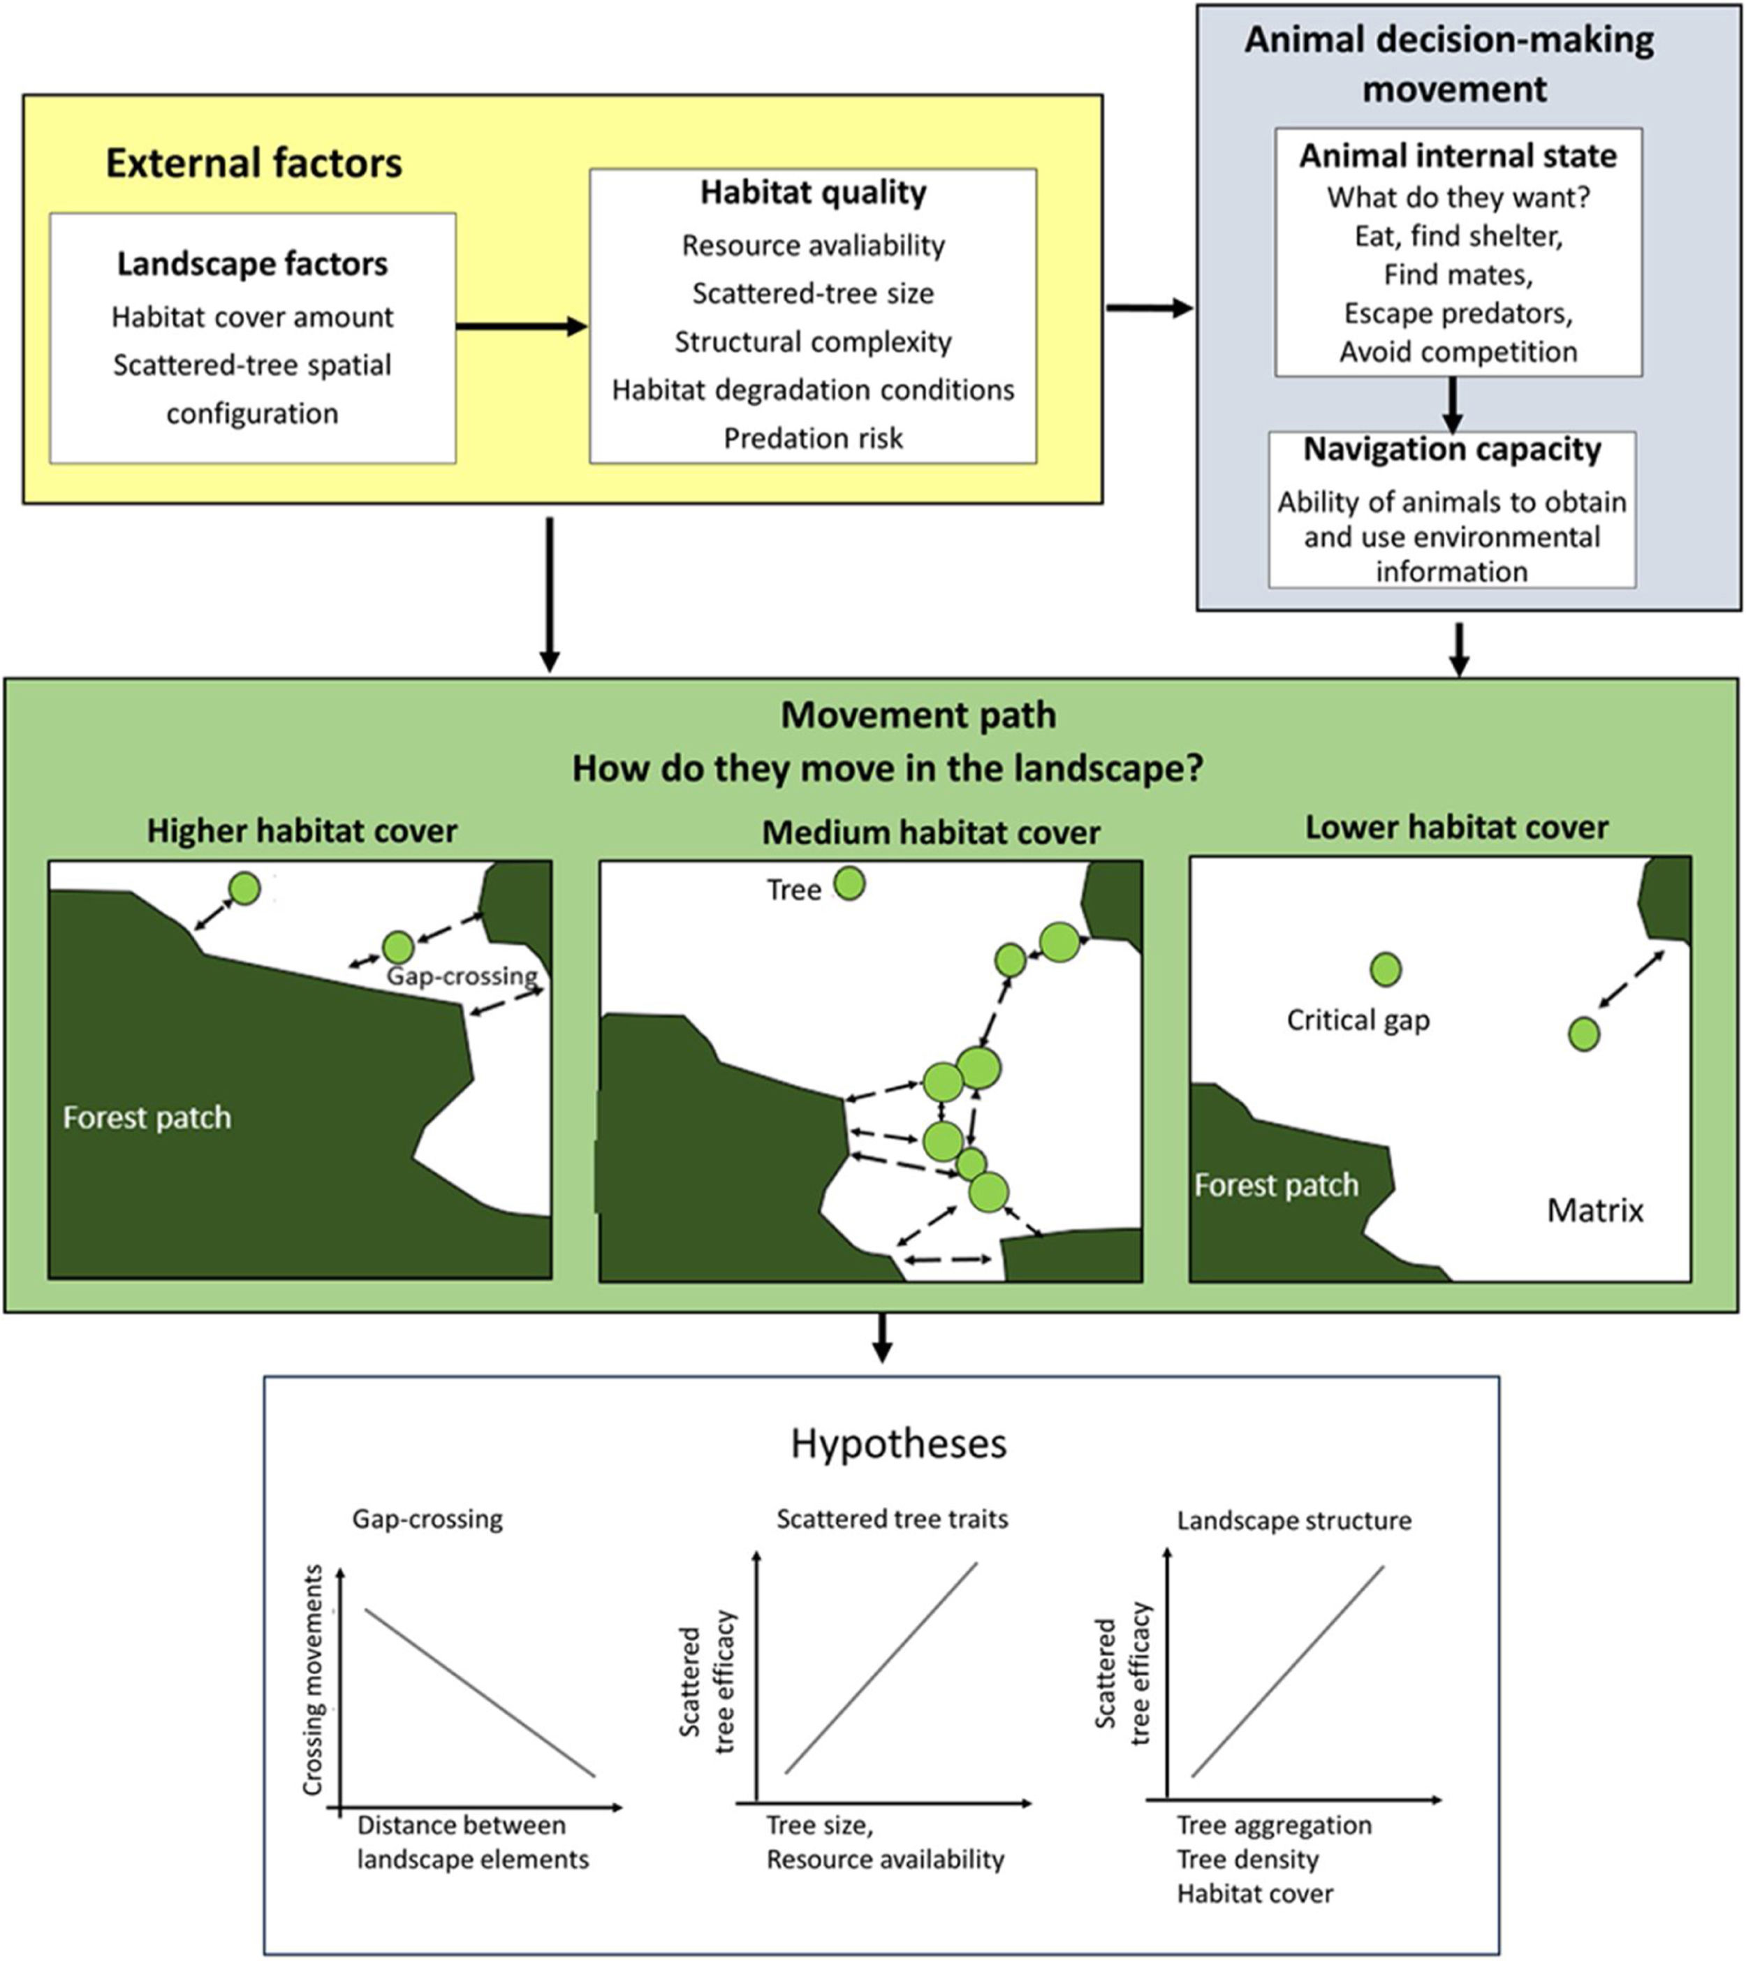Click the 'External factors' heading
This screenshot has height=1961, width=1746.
pos(254,163)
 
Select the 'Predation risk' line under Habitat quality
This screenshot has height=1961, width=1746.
pos(812,439)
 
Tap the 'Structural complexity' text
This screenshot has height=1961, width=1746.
pos(812,341)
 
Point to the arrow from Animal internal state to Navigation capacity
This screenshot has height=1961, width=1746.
pos(1453,404)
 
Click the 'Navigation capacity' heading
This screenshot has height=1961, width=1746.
pos(1451,450)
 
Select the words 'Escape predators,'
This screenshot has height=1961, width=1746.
pos(1458,313)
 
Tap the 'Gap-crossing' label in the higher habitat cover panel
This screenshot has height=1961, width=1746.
pos(462,976)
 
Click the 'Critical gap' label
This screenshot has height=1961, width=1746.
pos(1358,1019)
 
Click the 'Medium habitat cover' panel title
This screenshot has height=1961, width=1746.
pos(930,832)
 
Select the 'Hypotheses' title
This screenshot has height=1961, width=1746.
pos(898,1443)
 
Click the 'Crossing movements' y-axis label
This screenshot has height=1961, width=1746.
pos(313,1679)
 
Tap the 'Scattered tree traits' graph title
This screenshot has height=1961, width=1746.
pos(892,1519)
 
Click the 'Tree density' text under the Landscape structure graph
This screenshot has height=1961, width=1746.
pos(1247,1859)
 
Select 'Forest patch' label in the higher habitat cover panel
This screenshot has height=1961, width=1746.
pos(147,1117)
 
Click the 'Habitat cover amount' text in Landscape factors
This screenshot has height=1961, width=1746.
pos(252,316)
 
